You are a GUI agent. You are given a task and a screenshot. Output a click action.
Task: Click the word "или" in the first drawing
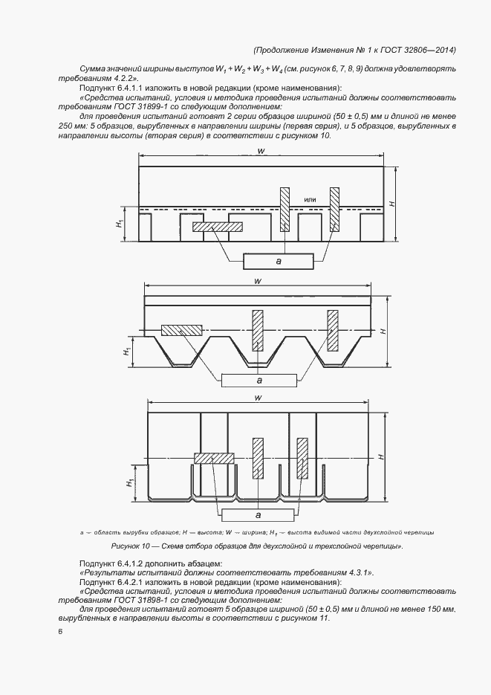(x=310, y=199)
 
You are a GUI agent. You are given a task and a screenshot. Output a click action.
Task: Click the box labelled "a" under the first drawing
(x=278, y=261)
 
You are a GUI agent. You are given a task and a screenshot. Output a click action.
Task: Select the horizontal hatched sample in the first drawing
(x=218, y=227)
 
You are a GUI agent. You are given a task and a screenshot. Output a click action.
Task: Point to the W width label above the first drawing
(x=261, y=152)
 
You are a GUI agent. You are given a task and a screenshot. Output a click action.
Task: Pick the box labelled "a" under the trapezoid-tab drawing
(x=259, y=380)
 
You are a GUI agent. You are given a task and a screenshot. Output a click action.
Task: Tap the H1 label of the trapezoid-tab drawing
(x=128, y=349)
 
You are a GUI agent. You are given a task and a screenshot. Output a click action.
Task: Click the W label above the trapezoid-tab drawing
(x=256, y=281)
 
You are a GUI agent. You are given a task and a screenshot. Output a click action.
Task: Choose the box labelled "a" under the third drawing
(x=257, y=514)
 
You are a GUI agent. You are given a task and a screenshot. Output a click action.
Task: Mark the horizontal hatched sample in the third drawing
(x=214, y=458)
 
